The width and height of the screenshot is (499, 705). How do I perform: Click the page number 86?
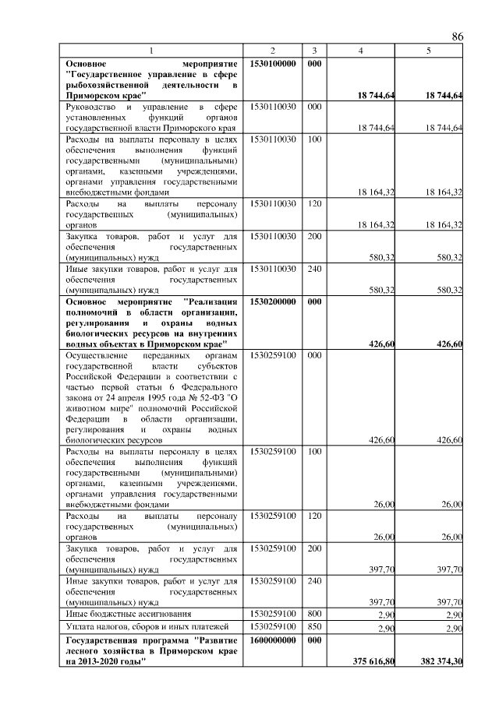coord(458,37)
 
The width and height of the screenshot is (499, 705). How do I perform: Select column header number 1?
coord(152,51)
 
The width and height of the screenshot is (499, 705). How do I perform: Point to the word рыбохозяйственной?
coord(104,84)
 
